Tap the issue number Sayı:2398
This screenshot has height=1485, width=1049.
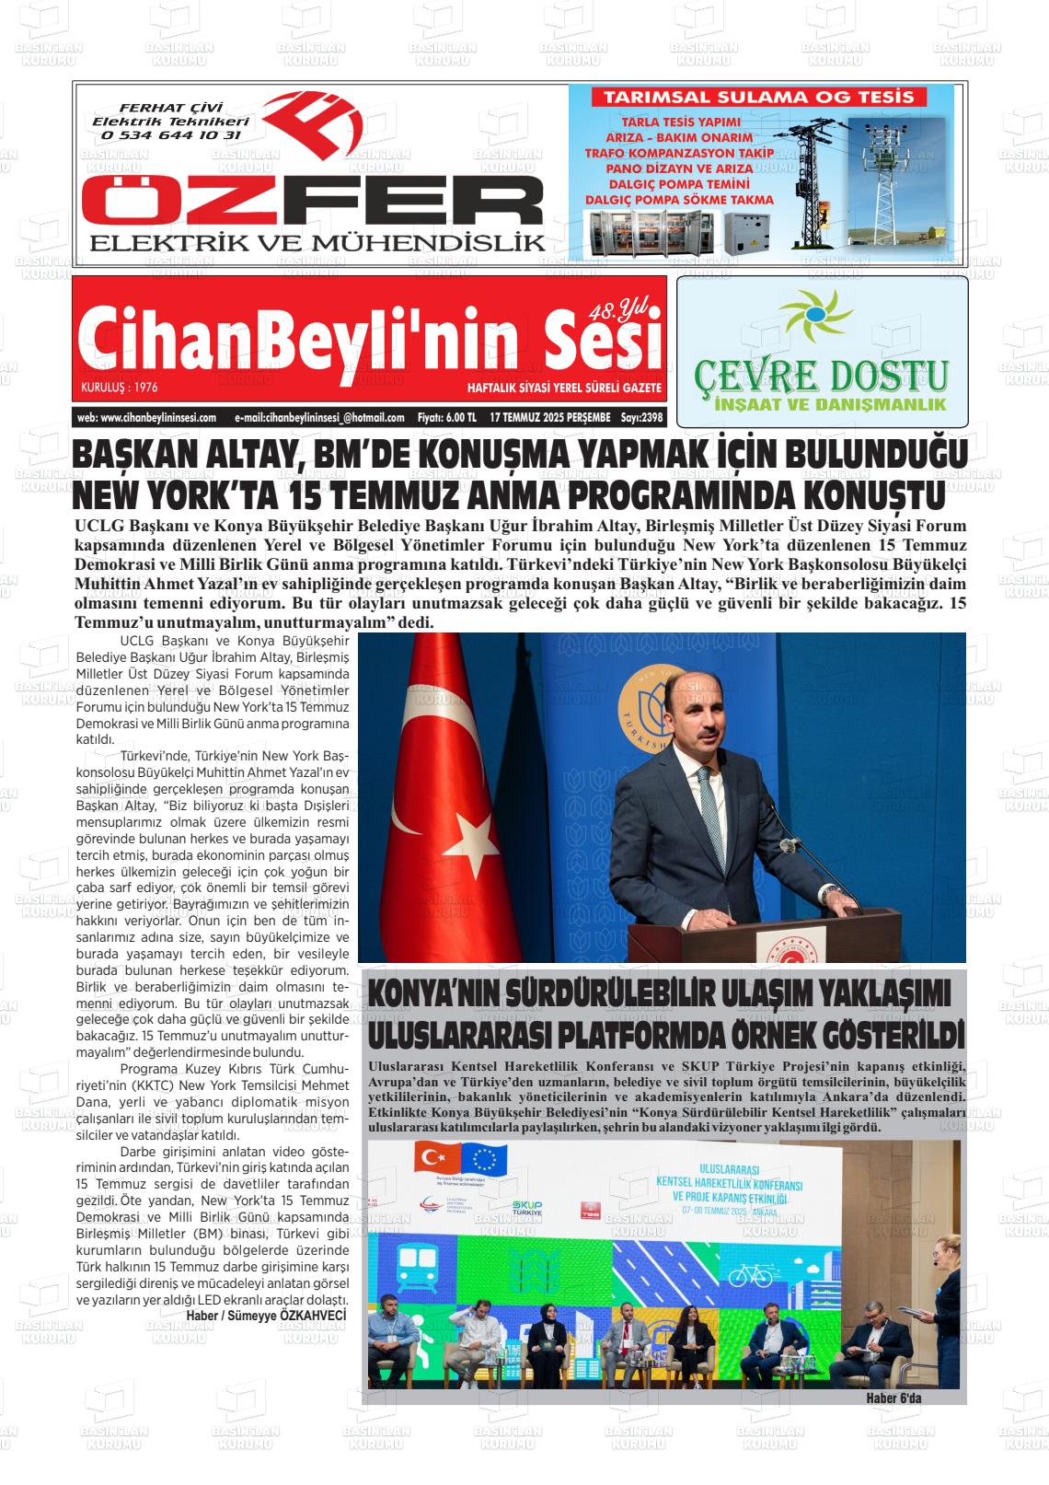(641, 417)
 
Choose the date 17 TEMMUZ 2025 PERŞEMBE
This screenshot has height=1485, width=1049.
(550, 417)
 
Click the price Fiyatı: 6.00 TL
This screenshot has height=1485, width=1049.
(446, 417)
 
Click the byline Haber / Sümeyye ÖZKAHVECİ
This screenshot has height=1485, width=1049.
(266, 1316)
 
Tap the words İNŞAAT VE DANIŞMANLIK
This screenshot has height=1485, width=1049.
(822, 404)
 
